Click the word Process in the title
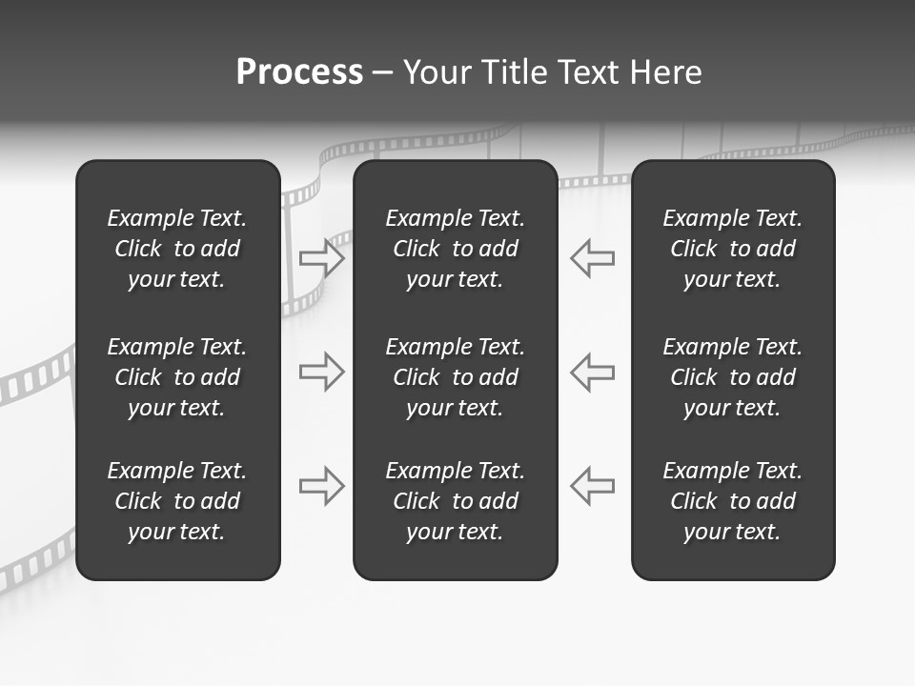click(299, 72)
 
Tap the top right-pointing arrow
click(322, 258)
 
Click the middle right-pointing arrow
click(322, 372)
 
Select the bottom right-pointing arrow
click(322, 486)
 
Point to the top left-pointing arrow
click(592, 258)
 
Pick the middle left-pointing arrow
click(592, 372)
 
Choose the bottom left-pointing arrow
click(592, 486)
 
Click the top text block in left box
click(177, 249)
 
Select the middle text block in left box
click(177, 377)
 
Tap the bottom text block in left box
click(177, 501)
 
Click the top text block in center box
click(456, 249)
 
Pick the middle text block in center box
click(456, 377)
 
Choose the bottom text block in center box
click(456, 501)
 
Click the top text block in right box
click(733, 249)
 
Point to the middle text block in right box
click(733, 377)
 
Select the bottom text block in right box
click(733, 501)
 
